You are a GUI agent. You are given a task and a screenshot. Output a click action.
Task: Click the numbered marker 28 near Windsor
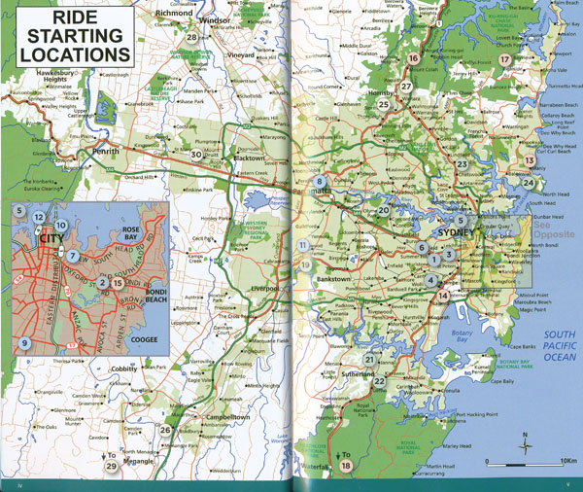[192, 38]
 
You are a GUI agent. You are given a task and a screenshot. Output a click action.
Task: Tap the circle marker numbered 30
[197, 155]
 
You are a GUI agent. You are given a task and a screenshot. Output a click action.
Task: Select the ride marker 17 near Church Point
[504, 59]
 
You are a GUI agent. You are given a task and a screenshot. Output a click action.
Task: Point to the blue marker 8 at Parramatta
[319, 181]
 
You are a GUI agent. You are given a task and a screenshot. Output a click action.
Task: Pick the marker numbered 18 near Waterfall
[347, 468]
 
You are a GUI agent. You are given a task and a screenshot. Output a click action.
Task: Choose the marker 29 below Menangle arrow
[112, 468]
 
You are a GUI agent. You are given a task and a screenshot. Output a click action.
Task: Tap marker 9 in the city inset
[24, 343]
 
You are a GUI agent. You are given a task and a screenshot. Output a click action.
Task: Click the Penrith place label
[106, 152]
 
